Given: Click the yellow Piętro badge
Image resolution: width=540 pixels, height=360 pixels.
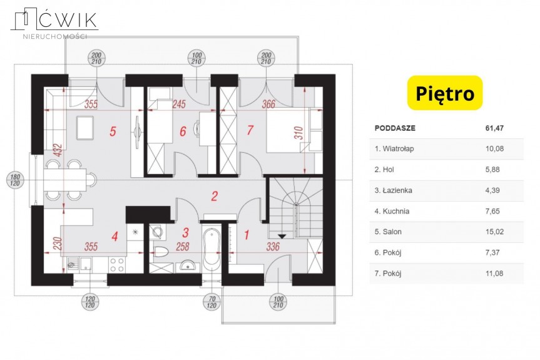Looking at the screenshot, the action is click(x=445, y=93).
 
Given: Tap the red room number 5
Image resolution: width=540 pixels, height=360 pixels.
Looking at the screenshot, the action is click(x=113, y=131).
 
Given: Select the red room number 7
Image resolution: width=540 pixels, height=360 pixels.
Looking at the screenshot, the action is click(x=250, y=130).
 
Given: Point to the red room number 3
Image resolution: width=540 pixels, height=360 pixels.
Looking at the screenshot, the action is click(x=185, y=232).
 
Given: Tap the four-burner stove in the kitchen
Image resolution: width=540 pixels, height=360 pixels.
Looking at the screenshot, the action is click(x=117, y=265).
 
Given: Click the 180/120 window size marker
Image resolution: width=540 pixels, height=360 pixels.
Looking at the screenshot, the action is click(x=15, y=180).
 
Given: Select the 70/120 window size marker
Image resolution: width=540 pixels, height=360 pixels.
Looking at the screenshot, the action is click(x=211, y=302).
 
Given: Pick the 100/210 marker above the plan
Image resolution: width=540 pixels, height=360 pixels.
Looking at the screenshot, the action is click(x=196, y=59).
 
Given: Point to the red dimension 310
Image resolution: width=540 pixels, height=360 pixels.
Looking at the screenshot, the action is click(x=298, y=133).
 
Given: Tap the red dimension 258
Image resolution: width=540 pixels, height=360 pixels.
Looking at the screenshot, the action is click(x=183, y=247).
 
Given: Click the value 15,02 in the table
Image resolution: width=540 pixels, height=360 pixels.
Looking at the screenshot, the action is click(x=494, y=232).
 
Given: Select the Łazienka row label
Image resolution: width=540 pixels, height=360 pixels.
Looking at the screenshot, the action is click(x=394, y=190).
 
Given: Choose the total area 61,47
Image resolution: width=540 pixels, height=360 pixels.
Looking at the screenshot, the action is click(x=494, y=128).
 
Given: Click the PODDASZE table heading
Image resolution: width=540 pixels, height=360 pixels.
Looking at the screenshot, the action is click(x=395, y=128).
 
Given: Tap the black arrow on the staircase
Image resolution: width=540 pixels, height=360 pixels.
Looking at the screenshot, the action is click(x=282, y=236).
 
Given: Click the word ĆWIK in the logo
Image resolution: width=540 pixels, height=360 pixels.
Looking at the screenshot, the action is click(x=68, y=19).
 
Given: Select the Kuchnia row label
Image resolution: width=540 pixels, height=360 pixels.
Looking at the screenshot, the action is click(x=392, y=211).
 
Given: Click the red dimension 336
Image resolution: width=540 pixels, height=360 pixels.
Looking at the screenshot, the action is click(x=273, y=247).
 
